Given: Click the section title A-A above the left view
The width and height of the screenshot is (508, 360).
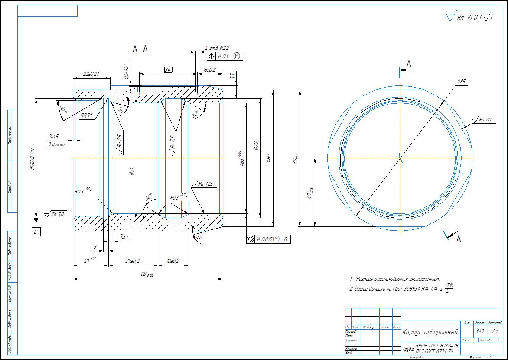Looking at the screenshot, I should point(140,50).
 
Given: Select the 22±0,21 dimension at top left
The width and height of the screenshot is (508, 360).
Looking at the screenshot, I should point(91,74).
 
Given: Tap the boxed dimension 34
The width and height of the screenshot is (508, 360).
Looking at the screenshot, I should point(169,69).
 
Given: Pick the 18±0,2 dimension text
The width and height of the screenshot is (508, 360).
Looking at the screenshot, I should point(173,261).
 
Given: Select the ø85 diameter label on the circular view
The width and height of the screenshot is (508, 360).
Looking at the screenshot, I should point(461,82).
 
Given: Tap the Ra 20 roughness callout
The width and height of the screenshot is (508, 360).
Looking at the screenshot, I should point(485,120).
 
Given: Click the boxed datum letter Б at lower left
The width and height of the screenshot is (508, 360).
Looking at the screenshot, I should point(36,232).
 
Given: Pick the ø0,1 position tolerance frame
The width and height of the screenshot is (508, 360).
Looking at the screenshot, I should point(225,56).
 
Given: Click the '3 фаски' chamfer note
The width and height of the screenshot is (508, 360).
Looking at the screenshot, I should point(56,144).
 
